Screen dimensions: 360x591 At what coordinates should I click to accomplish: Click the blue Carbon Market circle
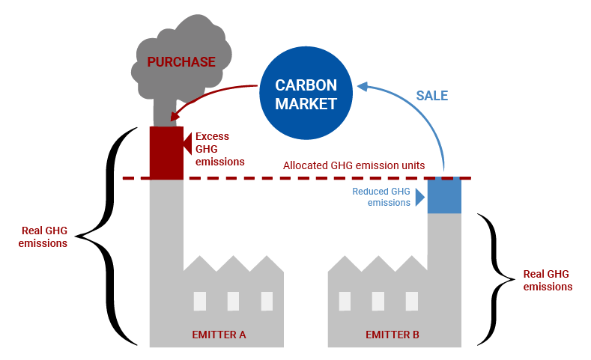[306, 94]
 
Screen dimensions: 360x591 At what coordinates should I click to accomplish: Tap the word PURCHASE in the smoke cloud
[181, 61]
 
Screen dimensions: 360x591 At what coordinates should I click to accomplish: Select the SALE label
[431, 95]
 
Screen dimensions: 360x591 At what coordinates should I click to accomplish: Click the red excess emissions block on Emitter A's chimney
[166, 153]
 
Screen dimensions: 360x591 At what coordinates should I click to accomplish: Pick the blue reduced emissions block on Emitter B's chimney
[443, 196]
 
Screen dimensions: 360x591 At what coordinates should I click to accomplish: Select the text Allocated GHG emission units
[354, 165]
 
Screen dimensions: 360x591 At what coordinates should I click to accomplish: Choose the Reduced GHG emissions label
[381, 197]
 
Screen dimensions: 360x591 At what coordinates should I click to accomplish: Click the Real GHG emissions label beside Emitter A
[43, 237]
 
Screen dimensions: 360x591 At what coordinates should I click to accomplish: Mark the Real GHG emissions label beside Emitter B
[548, 280]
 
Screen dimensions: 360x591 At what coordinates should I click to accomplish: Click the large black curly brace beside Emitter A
[112, 237]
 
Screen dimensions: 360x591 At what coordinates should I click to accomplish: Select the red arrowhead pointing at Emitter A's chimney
[177, 115]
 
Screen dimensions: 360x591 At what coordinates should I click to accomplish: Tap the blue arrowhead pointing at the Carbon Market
[362, 87]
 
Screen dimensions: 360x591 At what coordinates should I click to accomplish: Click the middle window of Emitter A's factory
[233, 300]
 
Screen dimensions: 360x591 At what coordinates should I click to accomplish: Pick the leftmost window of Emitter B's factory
[345, 300]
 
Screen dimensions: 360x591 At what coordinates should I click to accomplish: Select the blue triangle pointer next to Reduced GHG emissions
[420, 197]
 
